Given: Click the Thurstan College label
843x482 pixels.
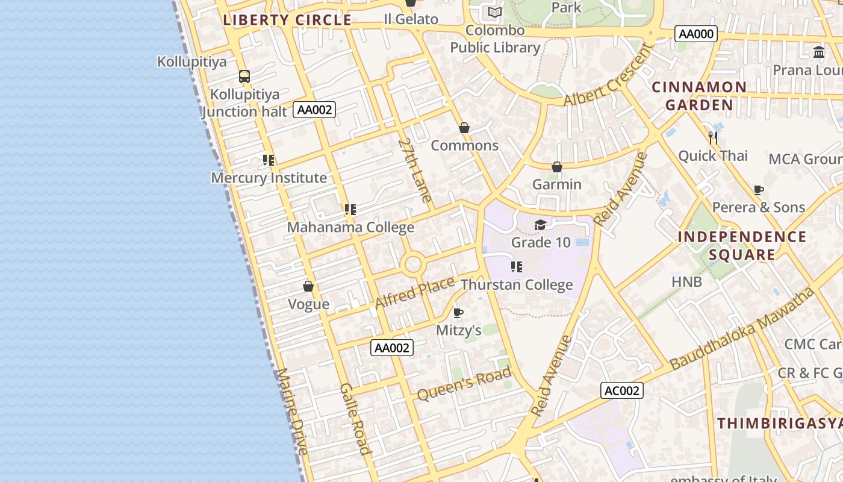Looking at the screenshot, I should coord(517,284).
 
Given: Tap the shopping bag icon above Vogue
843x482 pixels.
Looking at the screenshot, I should coord(308,286).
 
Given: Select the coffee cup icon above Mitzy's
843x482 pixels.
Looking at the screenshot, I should coord(458,313).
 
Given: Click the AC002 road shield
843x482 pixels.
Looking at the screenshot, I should coord(622,390).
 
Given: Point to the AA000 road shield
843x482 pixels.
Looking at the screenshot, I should coord(696,34).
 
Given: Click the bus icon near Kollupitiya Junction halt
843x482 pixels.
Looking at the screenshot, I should coord(244,77).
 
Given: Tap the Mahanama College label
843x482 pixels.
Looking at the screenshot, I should coord(350,227).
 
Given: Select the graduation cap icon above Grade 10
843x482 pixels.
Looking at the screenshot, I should coord(540,225).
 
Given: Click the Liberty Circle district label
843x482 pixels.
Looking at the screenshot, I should coord(287,20).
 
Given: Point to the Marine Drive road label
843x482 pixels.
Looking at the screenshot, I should coord(292,411).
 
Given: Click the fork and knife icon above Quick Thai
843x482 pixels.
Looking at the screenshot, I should coord(713,138).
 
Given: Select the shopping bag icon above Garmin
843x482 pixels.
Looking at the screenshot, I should coord(557,167).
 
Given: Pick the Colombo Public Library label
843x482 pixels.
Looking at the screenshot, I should coord(495,39).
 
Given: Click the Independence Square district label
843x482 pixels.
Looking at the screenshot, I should coord(742,245).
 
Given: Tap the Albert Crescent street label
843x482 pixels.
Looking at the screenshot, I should coord(608,75).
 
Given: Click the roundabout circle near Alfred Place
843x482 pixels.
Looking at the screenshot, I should coord(413,264).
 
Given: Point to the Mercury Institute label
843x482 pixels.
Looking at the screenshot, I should coord(269,178).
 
